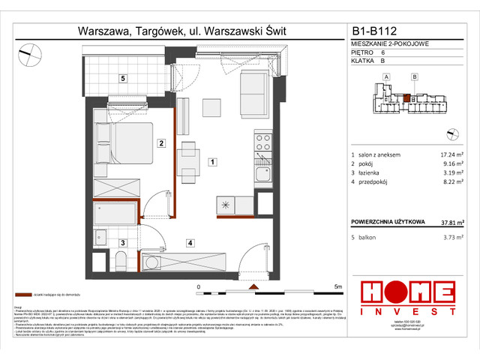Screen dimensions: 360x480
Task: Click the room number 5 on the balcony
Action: [121, 77]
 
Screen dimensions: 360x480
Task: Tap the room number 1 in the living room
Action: [213, 161]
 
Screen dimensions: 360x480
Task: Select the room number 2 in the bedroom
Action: [160, 142]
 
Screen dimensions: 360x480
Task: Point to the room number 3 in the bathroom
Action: [122, 242]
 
